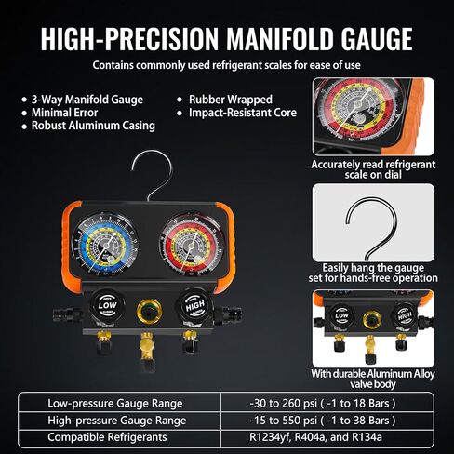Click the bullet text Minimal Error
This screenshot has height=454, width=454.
(65, 111)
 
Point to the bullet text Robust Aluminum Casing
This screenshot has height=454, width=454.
(87, 124)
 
